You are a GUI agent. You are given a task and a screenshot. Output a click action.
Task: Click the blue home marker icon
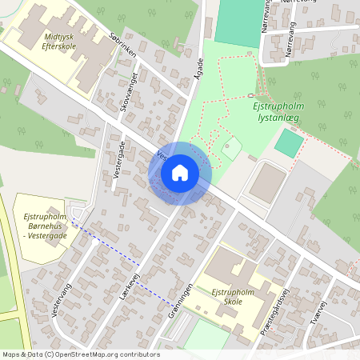tap(179, 173)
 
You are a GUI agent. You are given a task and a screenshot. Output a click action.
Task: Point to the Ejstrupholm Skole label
tap(233, 298)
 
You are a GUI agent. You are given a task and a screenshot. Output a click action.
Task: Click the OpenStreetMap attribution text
tap(81, 354)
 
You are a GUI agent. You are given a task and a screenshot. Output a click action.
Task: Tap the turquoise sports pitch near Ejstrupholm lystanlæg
tap(289, 142)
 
